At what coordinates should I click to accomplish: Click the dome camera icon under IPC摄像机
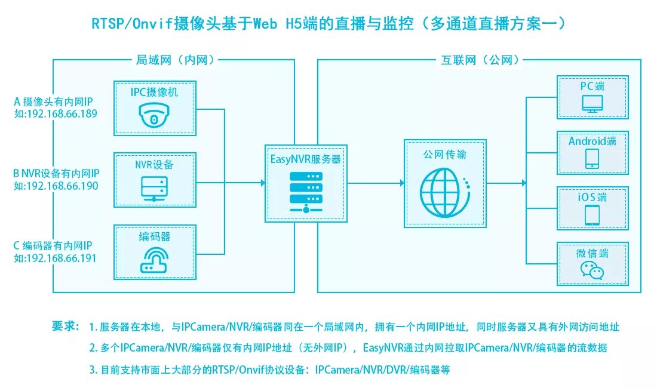coord(155,116)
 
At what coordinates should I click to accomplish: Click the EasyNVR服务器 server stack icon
coord(305,190)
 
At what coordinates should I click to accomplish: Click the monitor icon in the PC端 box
coord(592,104)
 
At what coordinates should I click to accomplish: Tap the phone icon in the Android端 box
coord(592,158)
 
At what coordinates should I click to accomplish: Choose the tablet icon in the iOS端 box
coord(592,214)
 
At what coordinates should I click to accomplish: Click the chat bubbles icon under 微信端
coord(592,271)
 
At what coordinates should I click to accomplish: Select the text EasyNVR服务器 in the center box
coord(305,159)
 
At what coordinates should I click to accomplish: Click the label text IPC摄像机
coord(155,93)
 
